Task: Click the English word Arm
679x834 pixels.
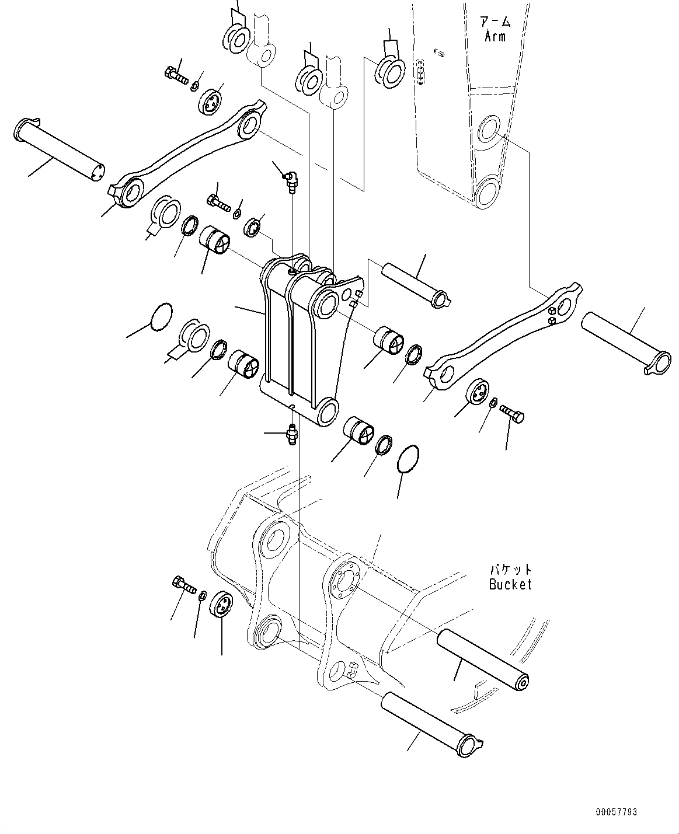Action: point(495,36)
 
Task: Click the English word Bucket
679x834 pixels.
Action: point(510,584)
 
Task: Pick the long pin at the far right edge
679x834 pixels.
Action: point(625,341)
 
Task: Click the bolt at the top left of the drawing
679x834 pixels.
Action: point(175,75)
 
